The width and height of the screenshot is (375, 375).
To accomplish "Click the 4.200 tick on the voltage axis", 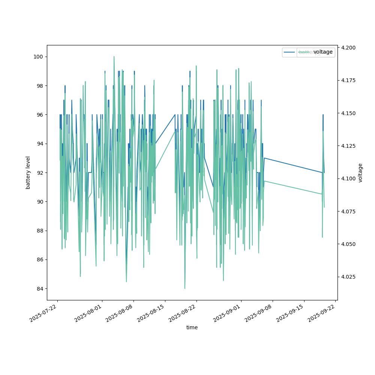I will click(x=346, y=48).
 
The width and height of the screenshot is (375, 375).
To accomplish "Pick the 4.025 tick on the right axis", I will click(x=346, y=277).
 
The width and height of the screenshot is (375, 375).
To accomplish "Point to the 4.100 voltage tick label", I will click(x=346, y=178).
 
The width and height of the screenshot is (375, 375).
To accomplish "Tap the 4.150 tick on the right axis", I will click(x=346, y=113).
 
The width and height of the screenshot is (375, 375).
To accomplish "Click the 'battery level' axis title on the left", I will click(x=28, y=172).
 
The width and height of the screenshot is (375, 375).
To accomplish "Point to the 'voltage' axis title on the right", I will click(x=360, y=172).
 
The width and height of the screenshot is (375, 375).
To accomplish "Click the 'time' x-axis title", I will click(x=192, y=327).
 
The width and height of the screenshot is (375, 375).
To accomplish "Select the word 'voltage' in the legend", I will click(x=323, y=52).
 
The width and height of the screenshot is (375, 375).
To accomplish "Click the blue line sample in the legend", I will click(x=290, y=52).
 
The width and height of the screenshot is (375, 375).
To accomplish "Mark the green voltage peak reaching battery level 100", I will click(x=114, y=57).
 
